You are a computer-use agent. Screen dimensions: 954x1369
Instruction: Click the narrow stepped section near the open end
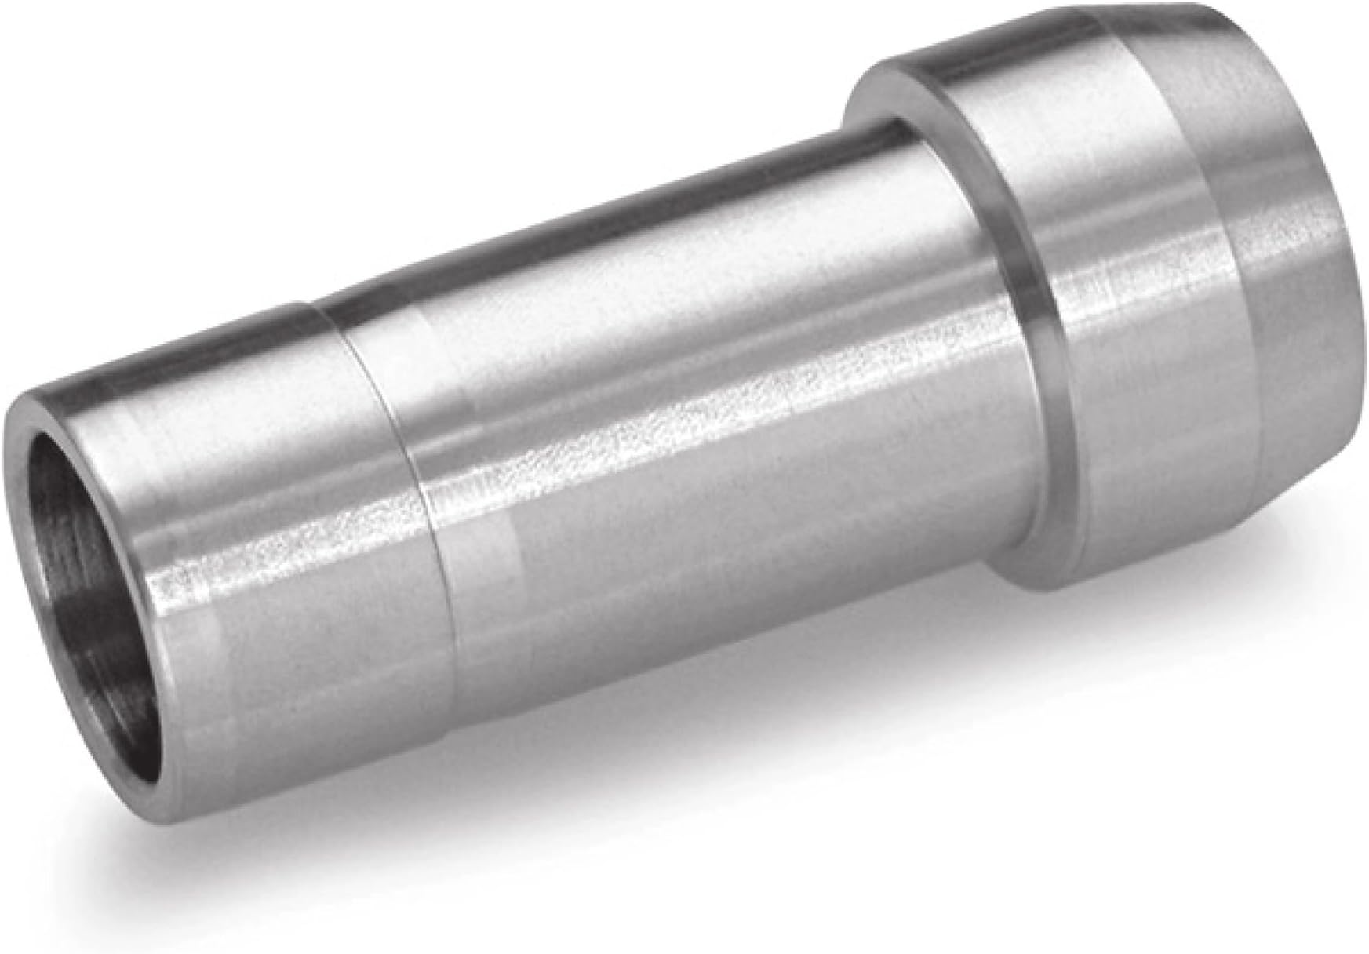click(259, 502)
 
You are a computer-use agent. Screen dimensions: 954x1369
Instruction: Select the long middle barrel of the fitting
click(706, 392)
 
